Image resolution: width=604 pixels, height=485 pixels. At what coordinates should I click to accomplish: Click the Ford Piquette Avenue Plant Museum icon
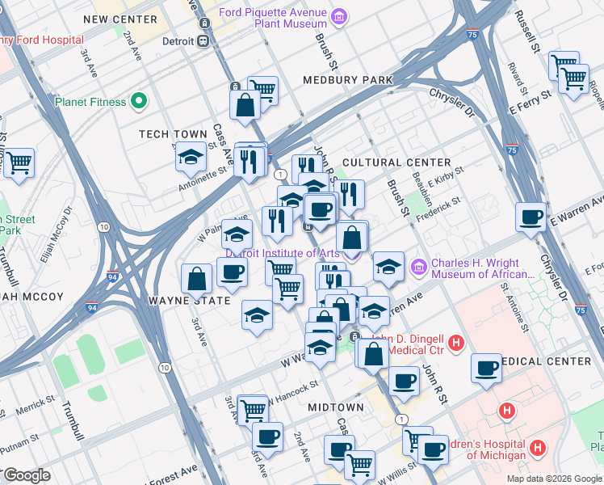[340, 16]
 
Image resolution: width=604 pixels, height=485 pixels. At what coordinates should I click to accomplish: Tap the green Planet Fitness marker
[139, 102]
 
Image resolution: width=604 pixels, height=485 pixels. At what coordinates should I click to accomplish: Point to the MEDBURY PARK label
[347, 80]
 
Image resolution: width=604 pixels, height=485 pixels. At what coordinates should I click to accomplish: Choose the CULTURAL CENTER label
[383, 162]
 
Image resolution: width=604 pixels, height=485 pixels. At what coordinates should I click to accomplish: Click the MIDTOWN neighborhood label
[335, 407]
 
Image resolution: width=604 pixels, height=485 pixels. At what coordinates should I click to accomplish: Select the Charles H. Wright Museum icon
[418, 266]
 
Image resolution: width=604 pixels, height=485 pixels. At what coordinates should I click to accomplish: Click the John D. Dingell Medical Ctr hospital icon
[456, 344]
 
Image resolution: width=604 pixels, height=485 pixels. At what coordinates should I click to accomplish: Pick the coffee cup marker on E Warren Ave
[531, 217]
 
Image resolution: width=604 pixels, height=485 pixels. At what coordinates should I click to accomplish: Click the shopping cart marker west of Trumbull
[19, 163]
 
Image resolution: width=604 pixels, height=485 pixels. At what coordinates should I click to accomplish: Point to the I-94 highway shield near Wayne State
[92, 308]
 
